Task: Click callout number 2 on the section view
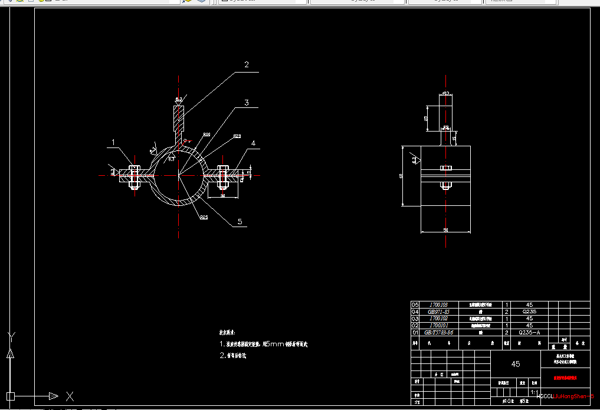(247, 64)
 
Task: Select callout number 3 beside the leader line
(247, 103)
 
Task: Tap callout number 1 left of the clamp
(114, 142)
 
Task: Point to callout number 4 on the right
(253, 143)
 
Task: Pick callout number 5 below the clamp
(240, 222)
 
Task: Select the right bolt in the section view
(223, 175)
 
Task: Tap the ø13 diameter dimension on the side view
(446, 93)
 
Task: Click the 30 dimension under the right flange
(222, 195)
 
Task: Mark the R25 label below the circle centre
(204, 217)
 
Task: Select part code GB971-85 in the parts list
(438, 311)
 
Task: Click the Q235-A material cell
(529, 332)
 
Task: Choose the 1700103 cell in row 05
(438, 304)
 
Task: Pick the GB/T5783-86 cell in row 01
(438, 332)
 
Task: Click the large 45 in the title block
(515, 364)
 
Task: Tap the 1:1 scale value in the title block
(533, 392)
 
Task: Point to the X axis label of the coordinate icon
(70, 395)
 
